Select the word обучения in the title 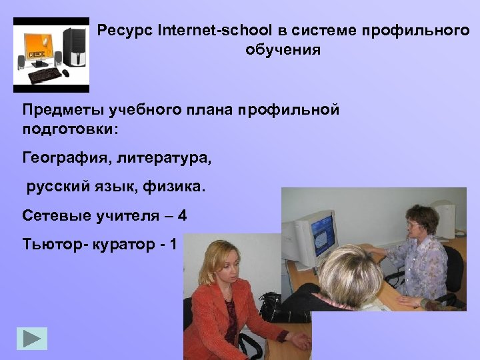283,50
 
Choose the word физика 179,187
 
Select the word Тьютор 47,244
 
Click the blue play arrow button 32,339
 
